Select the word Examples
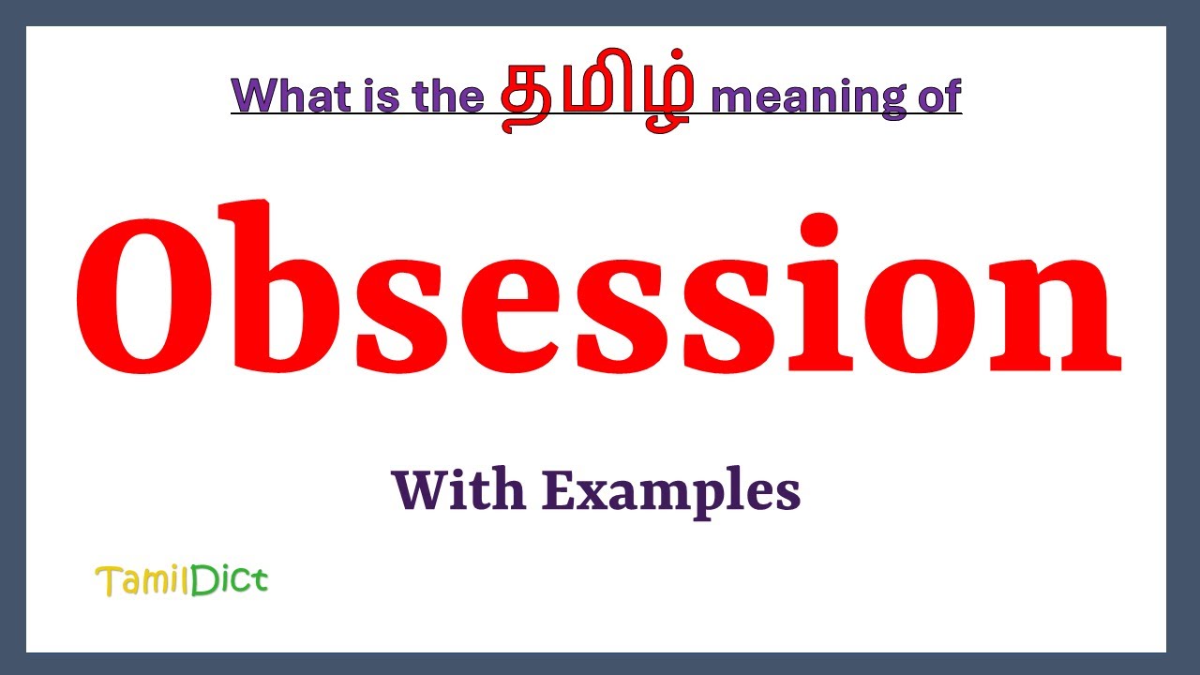(671, 492)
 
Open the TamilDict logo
(182, 581)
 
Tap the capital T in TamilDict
(106, 581)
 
